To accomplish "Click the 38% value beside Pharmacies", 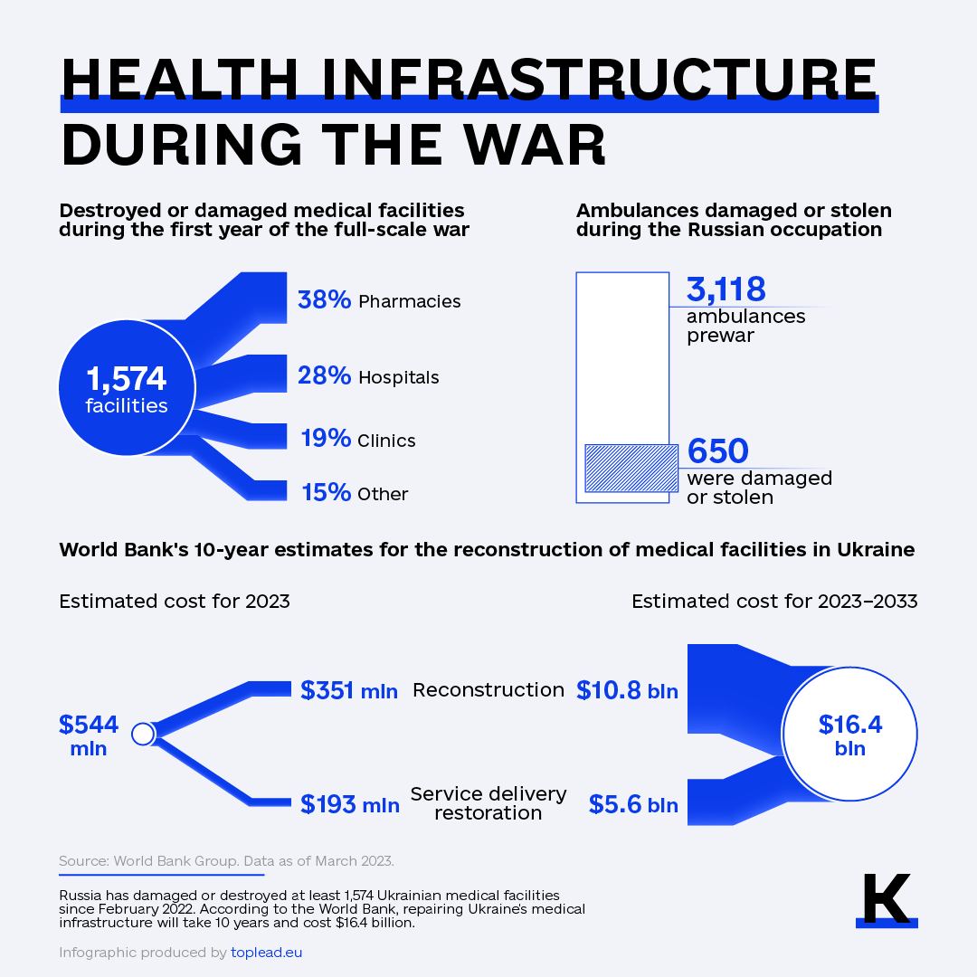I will (324, 299).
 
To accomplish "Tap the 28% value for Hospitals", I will (324, 375).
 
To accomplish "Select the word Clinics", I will (386, 441).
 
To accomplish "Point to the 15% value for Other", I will (326, 492).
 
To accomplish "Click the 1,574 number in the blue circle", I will (127, 379).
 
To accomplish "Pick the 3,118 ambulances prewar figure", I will (726, 289).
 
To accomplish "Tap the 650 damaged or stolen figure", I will (718, 451).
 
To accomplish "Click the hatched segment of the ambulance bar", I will (631, 468).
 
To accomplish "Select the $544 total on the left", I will (89, 725).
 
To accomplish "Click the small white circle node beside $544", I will (142, 734).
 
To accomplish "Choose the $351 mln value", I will (349, 690).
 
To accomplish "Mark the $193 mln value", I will (350, 803).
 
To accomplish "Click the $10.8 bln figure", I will (627, 691).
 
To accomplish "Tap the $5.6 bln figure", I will (633, 804).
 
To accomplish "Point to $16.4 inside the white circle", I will (850, 725).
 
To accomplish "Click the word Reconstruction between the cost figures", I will (488, 690).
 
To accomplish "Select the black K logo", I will (886, 899).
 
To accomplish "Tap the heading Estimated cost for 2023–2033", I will (774, 602).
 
